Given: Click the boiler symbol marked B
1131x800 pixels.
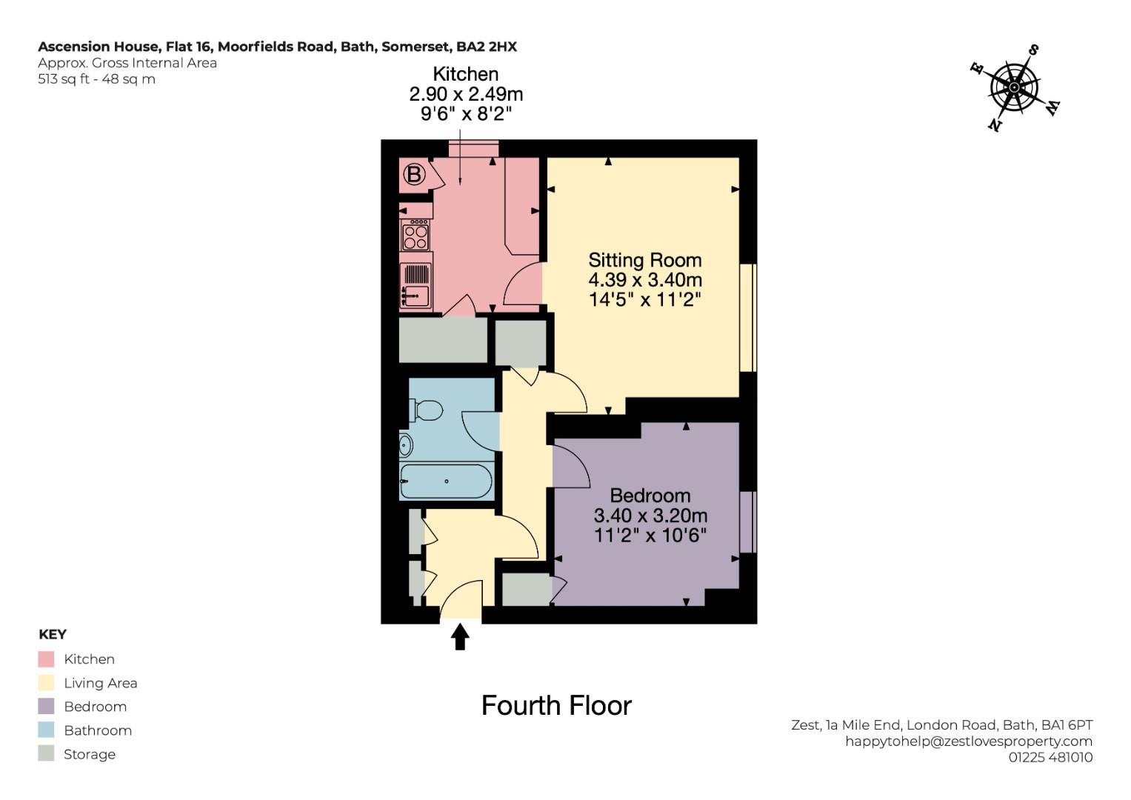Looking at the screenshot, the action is pos(414,175).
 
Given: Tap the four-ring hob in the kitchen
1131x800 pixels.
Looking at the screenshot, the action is pos(416,235).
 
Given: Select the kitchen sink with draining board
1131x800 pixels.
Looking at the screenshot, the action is pos(416,285).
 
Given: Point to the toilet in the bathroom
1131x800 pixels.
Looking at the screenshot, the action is pos(426,410).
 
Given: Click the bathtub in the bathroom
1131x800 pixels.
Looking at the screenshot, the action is pos(446,481).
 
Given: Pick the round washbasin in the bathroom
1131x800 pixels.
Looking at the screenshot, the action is pos(405,445).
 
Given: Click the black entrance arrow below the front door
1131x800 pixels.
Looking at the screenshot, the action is pos(459,636).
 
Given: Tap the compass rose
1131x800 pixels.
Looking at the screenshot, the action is pos(1015,88).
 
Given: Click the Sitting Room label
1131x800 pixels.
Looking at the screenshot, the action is pos(645,260).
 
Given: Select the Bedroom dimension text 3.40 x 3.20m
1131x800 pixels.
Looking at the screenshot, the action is pos(650,515).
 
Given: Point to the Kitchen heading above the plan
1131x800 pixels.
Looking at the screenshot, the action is pos(466,74).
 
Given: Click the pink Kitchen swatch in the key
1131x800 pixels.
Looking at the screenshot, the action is pos(46,659).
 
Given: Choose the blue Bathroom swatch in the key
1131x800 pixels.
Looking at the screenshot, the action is pos(46,730).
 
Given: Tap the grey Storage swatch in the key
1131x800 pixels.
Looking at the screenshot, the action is pos(46,753).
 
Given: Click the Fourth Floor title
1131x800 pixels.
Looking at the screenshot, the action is pos(556,705).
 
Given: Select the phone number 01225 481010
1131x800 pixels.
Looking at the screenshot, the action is pos(1050,757).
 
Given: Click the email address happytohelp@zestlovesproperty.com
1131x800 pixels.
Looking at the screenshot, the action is pos(969,741).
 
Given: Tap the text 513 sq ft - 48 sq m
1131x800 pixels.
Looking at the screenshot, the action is pos(96,79).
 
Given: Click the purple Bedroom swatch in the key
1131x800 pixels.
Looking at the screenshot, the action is pos(46,706).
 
